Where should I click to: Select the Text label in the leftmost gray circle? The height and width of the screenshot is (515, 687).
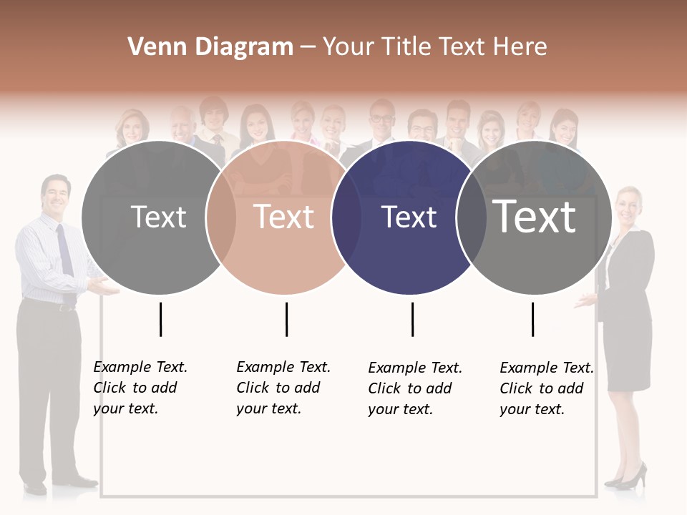(158, 217)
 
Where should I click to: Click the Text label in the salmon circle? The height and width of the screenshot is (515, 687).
(284, 217)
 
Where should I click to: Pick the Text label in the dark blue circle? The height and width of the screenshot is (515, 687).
(409, 217)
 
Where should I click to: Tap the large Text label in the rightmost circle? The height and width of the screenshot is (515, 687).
(535, 217)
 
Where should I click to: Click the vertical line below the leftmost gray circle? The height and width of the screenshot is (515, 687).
(160, 319)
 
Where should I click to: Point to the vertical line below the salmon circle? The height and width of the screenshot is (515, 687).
(286, 319)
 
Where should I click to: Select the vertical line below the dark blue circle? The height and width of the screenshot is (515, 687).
(412, 319)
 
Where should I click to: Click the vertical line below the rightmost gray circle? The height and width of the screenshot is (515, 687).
(532, 319)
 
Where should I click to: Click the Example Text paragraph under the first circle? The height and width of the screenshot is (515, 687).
(140, 388)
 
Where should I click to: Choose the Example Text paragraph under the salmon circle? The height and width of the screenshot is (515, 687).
(283, 388)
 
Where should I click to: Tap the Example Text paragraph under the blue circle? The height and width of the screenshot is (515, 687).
(414, 388)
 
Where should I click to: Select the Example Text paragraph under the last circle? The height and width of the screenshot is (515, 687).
(546, 388)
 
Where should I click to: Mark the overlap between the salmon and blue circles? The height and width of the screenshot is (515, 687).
(346, 217)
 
